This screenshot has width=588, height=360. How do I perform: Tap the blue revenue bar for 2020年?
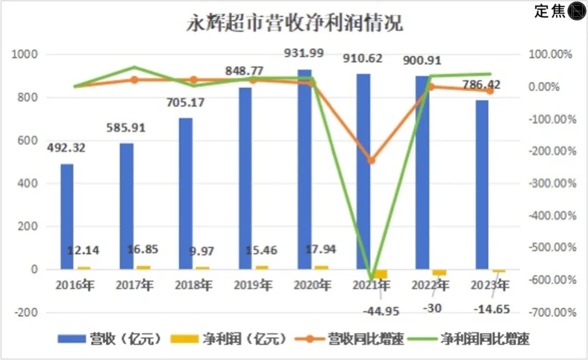tap(304, 169)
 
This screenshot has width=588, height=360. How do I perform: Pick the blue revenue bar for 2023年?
tap(482, 185)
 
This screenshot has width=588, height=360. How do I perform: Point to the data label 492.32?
tap(66, 148)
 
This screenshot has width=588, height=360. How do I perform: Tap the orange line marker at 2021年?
tap(371, 161)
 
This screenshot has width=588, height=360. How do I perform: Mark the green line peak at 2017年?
tap(134, 68)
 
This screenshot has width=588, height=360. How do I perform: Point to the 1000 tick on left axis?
tap(26, 54)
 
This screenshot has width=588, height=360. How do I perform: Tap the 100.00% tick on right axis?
tap(552, 54)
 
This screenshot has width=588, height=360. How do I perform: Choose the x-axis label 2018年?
tap(194, 285)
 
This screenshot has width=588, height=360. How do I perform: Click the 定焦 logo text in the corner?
tap(550, 11)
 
